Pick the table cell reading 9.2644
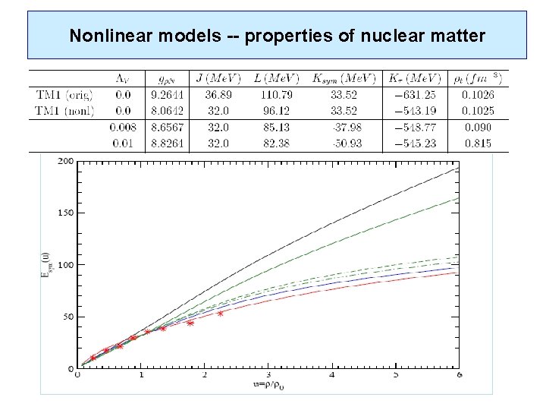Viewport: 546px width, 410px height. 167,95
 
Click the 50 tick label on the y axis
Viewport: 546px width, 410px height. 69,317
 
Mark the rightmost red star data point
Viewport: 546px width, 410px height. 221,313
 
